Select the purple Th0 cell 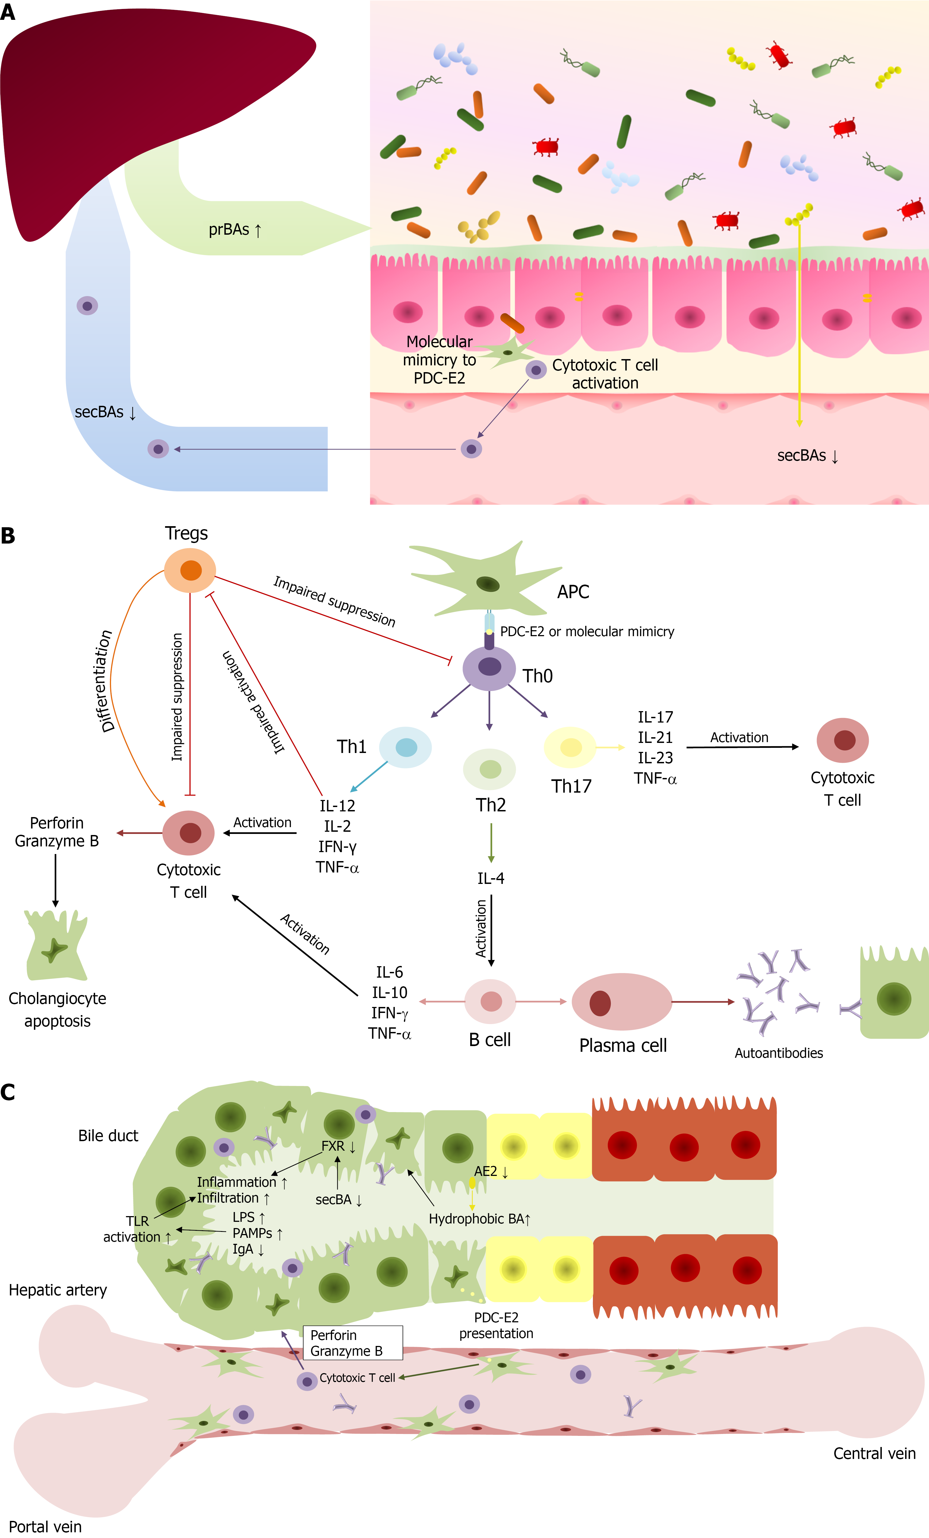pos(489,668)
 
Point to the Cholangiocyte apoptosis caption pos(57,1009)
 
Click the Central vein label pos(874,1454)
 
